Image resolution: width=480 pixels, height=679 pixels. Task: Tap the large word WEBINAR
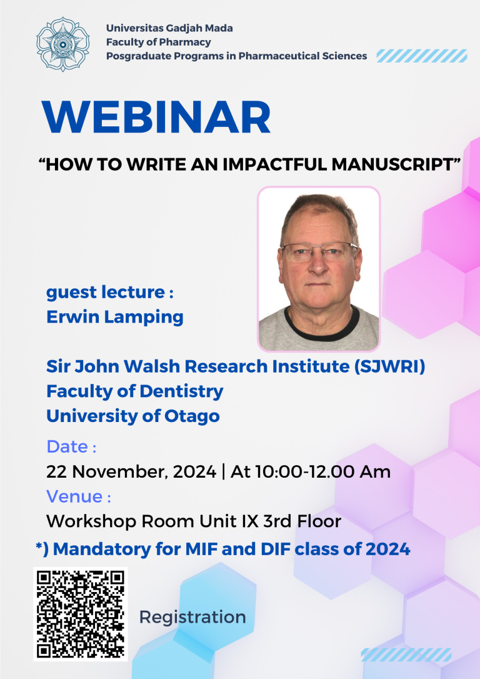click(156, 117)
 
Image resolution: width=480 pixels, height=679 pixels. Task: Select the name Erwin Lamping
click(115, 316)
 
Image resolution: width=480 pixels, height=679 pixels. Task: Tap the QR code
click(80, 613)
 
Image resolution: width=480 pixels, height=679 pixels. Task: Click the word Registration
click(192, 617)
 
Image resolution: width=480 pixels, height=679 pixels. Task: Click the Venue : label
click(78, 496)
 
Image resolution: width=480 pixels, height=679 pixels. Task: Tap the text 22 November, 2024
click(131, 471)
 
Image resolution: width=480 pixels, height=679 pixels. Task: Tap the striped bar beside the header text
click(421, 56)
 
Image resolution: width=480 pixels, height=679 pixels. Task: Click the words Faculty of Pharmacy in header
click(158, 42)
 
